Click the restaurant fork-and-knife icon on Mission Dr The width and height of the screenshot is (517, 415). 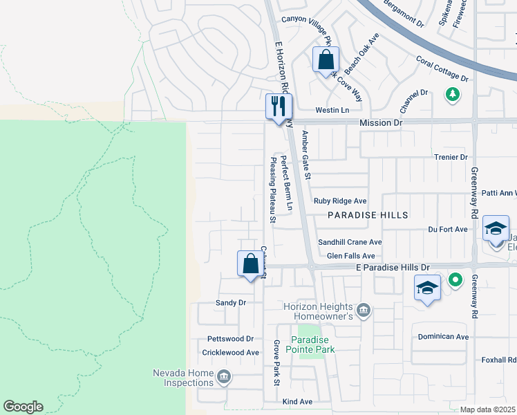tap(279, 107)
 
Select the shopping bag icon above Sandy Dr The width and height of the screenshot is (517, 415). tap(250, 264)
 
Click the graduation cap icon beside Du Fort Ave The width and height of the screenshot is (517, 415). tap(496, 229)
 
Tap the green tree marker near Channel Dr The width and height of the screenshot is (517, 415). tap(453, 93)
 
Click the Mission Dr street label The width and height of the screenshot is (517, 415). tap(380, 122)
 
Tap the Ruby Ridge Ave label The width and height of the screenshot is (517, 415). tap(340, 201)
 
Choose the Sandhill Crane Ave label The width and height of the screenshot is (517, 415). tap(350, 243)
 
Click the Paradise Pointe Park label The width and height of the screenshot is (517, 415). tap(312, 344)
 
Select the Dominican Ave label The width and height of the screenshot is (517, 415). tap(443, 337)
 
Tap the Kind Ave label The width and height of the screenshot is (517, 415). tap(297, 401)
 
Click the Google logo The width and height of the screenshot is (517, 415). tap(23, 407)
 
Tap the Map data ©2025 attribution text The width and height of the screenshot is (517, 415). tap(487, 409)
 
